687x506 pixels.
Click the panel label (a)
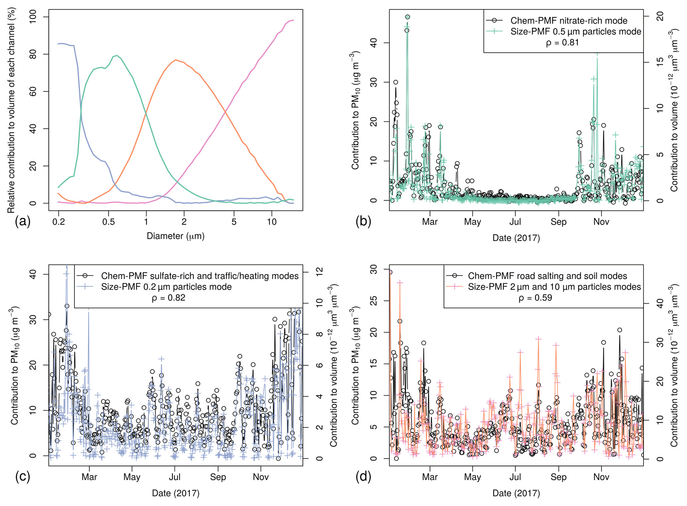[23, 221]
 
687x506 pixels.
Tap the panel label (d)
[363, 476]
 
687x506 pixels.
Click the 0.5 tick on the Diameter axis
[108, 222]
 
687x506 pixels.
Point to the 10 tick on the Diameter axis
[272, 222]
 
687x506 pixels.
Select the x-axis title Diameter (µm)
[175, 236]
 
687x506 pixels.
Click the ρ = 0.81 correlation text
[562, 43]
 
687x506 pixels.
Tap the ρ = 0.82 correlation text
[169, 298]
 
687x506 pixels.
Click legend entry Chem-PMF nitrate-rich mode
[569, 21]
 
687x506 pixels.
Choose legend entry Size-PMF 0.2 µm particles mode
[166, 287]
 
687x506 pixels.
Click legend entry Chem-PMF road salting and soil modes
[547, 276]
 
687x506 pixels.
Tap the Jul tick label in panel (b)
[515, 222]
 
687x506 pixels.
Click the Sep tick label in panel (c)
[218, 477]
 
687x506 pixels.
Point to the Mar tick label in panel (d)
[430, 477]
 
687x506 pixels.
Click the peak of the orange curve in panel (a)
[175, 60]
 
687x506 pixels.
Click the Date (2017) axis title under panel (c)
[175, 493]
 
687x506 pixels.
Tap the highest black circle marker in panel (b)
[407, 17]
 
